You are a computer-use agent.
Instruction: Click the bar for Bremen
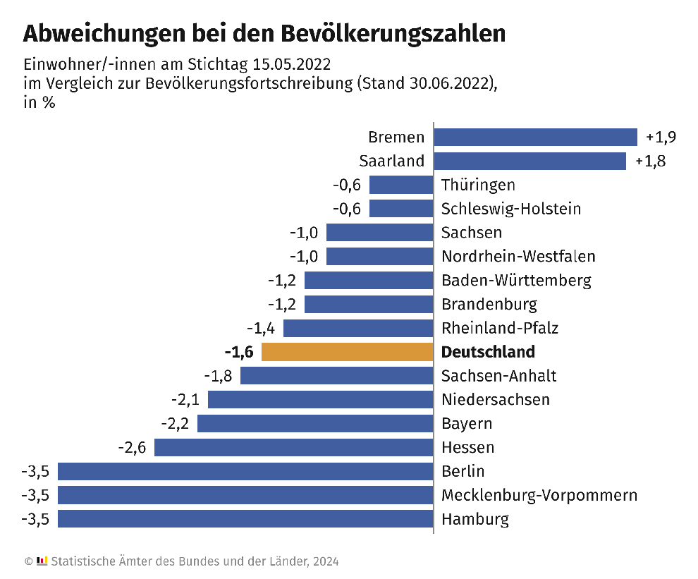coord(535,137)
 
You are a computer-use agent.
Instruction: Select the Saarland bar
coord(529,161)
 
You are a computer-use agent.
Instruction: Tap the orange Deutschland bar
coord(347,352)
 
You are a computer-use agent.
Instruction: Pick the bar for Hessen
coord(293,447)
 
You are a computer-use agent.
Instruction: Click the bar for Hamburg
coord(245,519)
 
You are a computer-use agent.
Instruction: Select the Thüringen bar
coord(400,185)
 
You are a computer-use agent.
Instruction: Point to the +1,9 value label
coord(656,137)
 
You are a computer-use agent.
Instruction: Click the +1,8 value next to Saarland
coord(650,161)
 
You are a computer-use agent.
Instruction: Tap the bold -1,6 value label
coord(238,352)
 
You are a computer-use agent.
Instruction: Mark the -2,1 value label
coord(185,400)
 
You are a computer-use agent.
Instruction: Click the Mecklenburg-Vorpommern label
coord(539,495)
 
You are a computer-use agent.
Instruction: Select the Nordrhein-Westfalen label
coord(518,256)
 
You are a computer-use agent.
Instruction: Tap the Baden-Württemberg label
coord(516,280)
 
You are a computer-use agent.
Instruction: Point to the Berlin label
coord(463,471)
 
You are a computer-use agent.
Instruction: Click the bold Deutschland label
coord(488,352)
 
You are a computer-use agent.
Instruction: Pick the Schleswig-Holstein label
coord(511,209)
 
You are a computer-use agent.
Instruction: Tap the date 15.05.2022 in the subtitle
coord(290,65)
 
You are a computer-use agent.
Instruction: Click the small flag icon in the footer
coord(42,561)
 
